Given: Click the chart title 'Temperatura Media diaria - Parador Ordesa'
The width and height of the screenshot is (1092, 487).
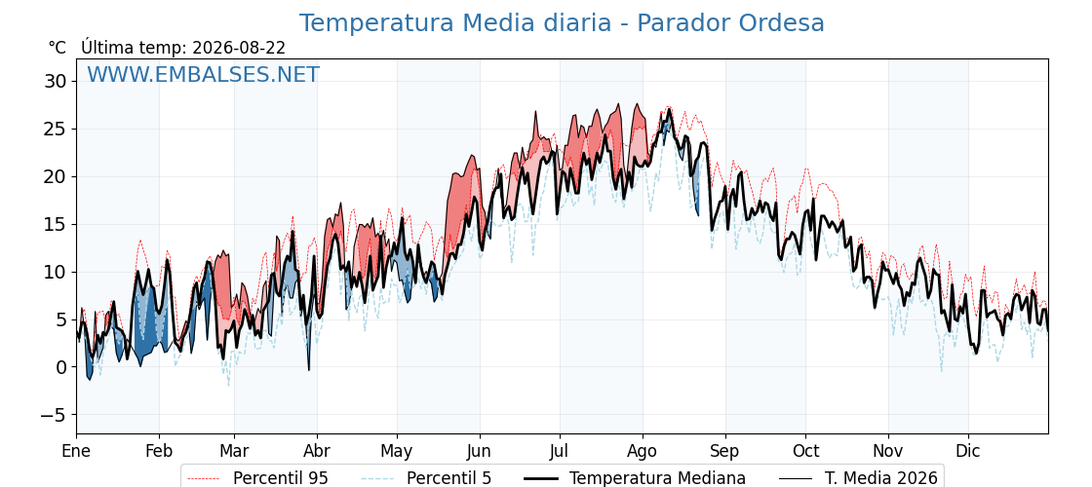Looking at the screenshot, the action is coord(562,23).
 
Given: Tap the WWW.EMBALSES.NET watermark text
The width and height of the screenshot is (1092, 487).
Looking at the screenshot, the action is coord(204,74).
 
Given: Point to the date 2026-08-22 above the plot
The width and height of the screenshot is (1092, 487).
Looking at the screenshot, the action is coord(239,48).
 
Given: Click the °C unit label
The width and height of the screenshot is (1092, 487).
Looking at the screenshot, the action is coord(58,48).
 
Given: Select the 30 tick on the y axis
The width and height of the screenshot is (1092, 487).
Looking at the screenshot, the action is coord(57,82).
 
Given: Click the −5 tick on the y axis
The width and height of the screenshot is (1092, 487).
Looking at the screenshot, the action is coord(53,415).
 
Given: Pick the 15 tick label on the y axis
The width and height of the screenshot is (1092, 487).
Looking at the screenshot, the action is coord(57,225).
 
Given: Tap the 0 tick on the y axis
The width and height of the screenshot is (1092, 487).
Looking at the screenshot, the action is coord(61,367).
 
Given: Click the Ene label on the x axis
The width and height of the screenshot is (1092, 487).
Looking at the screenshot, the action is coord(76,451).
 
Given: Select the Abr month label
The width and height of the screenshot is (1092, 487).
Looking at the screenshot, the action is coord(317,451).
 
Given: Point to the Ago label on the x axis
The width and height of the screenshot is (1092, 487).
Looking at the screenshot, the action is coord(642,451).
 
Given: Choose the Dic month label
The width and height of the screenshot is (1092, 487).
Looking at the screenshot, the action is coord(967,451).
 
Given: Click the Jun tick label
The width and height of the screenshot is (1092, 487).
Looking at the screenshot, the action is coord(479,451).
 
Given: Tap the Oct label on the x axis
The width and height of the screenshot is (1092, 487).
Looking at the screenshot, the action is coord(805,451).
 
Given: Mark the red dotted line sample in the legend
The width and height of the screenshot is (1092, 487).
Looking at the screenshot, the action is coord(204,478).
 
